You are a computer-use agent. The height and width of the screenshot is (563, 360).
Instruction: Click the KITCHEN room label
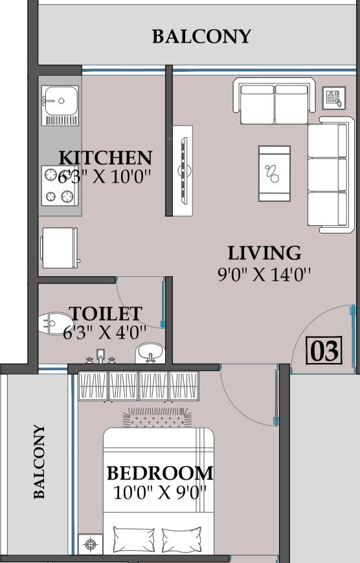point(106,158)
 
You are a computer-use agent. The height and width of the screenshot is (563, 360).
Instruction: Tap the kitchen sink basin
point(60,101)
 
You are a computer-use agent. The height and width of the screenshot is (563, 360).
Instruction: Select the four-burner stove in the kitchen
point(60,186)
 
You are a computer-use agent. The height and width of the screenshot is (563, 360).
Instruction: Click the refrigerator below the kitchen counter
point(60,248)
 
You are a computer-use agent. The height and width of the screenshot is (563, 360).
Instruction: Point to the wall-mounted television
point(184,171)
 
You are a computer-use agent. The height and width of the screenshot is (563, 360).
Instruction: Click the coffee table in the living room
point(275,173)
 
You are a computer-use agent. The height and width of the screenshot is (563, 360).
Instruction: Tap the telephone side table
point(333,98)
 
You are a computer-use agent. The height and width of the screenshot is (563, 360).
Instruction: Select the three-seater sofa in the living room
point(332,175)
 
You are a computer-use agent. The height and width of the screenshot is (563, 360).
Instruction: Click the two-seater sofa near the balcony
point(274,100)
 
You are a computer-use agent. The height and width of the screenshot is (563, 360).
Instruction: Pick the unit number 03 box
point(324,351)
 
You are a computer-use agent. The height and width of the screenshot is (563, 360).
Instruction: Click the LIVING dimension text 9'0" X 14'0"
point(264,274)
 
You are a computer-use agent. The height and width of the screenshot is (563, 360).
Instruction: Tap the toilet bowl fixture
point(55,324)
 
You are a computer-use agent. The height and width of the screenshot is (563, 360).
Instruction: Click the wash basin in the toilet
point(150,353)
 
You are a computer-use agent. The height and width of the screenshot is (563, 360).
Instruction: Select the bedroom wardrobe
point(139,386)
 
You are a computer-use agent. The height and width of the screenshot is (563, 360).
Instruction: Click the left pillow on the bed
point(133,540)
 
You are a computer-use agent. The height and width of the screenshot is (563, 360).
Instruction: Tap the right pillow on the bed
point(182,540)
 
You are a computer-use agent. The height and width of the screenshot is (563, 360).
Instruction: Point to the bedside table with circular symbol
point(91,544)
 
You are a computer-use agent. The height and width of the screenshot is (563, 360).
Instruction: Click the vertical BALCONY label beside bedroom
point(39,462)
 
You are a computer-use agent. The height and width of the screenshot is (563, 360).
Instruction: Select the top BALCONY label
point(201,37)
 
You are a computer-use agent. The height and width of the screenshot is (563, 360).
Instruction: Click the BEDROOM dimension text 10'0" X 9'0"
point(160,492)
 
